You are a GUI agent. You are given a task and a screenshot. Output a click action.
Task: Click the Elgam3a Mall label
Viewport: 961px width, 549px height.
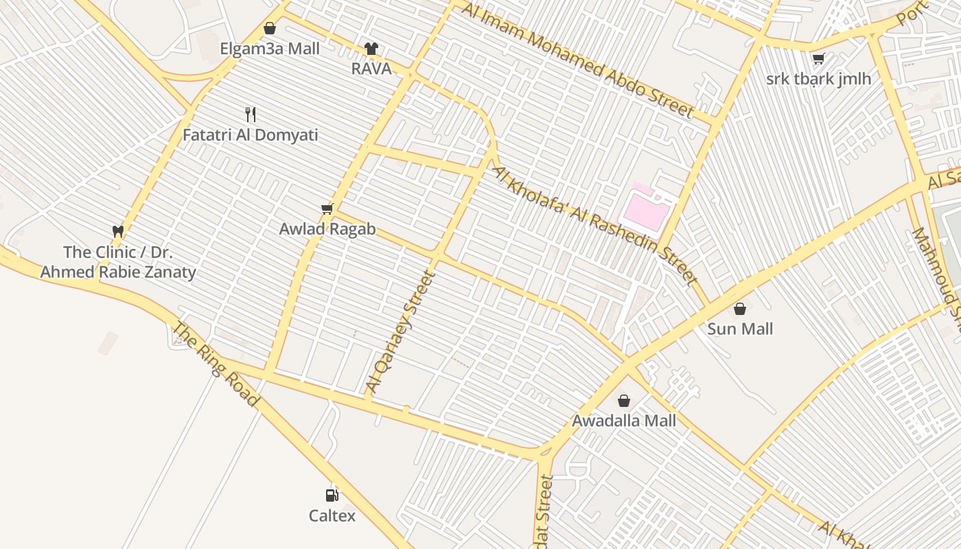pos(269,49)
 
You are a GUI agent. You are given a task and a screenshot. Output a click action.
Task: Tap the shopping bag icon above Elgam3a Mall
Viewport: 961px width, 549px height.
pos(270,28)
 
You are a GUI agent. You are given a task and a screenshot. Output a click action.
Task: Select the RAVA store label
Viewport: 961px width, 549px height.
pos(371,69)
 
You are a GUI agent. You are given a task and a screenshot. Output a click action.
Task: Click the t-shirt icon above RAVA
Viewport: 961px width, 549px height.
pos(371,48)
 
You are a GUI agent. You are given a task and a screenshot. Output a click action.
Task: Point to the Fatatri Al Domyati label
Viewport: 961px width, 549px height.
pos(250,135)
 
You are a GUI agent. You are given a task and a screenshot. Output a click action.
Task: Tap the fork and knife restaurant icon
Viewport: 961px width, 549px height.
pos(251,114)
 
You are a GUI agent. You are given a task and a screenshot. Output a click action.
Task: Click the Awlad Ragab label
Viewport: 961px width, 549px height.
pos(327,229)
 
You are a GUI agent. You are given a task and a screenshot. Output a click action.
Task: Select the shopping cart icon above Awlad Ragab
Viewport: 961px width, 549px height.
pos(327,209)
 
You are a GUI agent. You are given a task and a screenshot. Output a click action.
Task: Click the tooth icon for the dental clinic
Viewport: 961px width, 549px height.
pos(118,232)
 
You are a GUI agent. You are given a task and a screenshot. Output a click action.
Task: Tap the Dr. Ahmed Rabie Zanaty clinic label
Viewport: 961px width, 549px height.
pos(118,262)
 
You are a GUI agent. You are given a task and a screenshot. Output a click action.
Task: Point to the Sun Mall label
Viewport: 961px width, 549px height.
pos(740,329)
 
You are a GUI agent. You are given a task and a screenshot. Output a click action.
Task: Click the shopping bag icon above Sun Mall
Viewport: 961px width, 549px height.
pos(740,309)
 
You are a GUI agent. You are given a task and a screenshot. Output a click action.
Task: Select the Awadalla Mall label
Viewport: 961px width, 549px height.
pos(624,421)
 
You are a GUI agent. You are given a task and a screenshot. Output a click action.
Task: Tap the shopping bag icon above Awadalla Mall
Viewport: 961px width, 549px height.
pos(624,400)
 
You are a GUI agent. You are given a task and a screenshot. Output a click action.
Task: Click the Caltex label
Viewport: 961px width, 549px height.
pos(332,515)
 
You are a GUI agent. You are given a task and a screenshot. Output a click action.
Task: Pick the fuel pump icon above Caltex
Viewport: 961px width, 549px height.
pos(332,495)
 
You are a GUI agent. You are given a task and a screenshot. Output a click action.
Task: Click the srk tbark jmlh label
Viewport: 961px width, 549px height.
pos(818,79)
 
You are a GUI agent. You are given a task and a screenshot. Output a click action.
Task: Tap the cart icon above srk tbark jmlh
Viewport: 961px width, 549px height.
pos(818,59)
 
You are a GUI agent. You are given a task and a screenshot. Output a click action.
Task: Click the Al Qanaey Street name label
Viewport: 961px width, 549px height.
pos(401,332)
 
